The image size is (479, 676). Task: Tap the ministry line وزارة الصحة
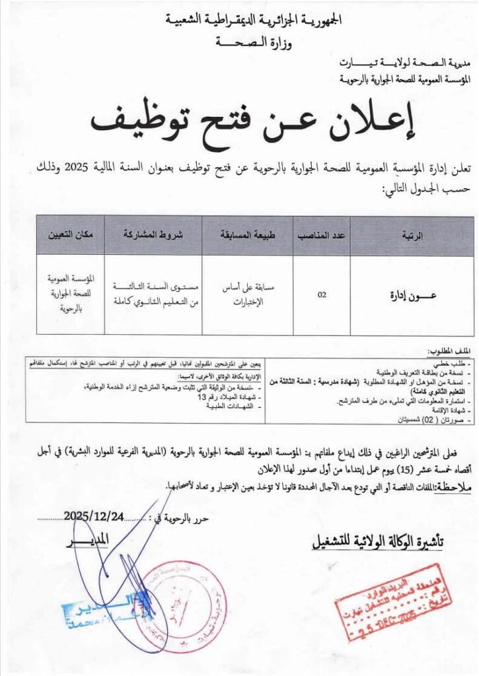click(x=252, y=43)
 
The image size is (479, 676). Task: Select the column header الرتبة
click(x=412, y=235)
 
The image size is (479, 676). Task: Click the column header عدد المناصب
click(x=322, y=235)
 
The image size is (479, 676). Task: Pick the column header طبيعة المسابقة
click(x=251, y=235)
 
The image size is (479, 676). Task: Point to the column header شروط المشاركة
click(x=153, y=235)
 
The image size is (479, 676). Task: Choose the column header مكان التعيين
click(x=69, y=235)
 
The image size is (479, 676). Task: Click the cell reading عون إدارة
click(x=412, y=295)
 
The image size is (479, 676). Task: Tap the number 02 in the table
click(x=322, y=295)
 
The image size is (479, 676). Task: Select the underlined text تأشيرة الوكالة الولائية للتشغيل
click(x=377, y=542)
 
